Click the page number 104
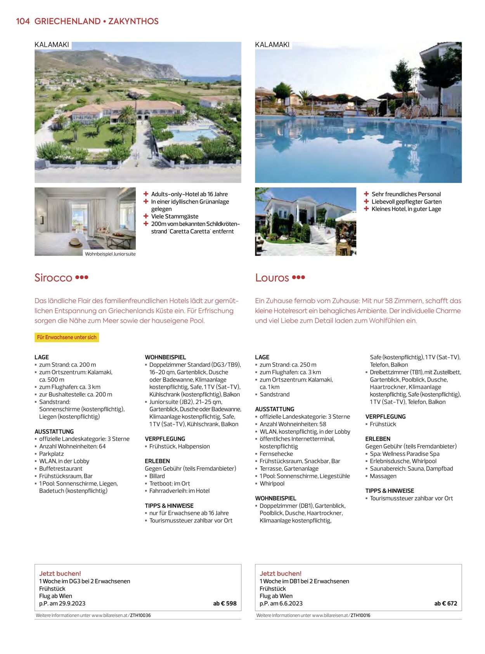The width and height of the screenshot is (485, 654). (23, 21)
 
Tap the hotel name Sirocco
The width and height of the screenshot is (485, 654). (53, 278)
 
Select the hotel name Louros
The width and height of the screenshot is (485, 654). (272, 278)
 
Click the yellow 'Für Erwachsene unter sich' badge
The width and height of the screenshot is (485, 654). (67, 337)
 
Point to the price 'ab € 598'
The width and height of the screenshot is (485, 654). (225, 603)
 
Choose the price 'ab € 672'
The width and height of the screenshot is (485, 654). (445, 603)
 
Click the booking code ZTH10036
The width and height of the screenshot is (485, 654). (140, 615)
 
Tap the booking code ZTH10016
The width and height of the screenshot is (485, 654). (360, 615)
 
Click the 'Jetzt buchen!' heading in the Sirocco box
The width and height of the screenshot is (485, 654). (60, 573)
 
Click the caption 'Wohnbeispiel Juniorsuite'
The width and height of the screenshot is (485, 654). (110, 254)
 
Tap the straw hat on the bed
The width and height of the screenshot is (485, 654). (75, 243)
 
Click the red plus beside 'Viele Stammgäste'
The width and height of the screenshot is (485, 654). (146, 216)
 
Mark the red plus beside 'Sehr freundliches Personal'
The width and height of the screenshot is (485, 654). (366, 194)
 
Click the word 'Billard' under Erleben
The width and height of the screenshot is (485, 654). (157, 476)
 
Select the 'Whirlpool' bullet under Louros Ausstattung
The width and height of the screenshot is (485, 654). (272, 483)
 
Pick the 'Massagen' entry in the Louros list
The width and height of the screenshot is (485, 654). (383, 476)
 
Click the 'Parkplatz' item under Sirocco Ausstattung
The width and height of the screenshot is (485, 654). (51, 454)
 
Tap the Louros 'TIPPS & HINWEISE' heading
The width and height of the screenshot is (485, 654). (390, 491)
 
